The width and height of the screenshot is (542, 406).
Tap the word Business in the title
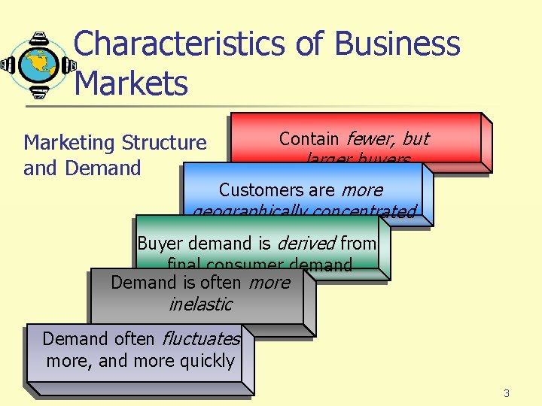click(397, 44)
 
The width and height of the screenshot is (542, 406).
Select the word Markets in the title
click(132, 83)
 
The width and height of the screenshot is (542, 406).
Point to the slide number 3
click(507, 393)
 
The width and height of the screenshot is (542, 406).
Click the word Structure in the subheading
click(163, 143)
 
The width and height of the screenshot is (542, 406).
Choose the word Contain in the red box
click(309, 139)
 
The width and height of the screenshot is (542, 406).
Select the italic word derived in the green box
click(307, 244)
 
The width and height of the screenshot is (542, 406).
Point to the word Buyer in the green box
click(160, 244)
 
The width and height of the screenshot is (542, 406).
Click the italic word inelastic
click(200, 304)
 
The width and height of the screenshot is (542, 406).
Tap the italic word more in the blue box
click(362, 190)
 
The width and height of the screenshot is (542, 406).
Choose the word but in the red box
click(415, 139)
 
